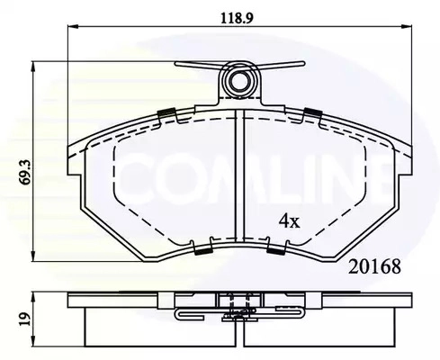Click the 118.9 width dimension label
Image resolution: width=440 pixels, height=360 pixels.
coord(237,18)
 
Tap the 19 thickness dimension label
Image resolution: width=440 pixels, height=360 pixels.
coord(25,319)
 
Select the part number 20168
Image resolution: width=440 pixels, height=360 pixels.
coord(374,266)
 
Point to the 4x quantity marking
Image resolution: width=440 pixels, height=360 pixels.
coord(290,221)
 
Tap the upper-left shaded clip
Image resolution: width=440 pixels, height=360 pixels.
coord(166,113)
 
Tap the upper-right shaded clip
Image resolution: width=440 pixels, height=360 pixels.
coord(313,112)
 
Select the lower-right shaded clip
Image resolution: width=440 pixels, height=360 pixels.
coord(275,251)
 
